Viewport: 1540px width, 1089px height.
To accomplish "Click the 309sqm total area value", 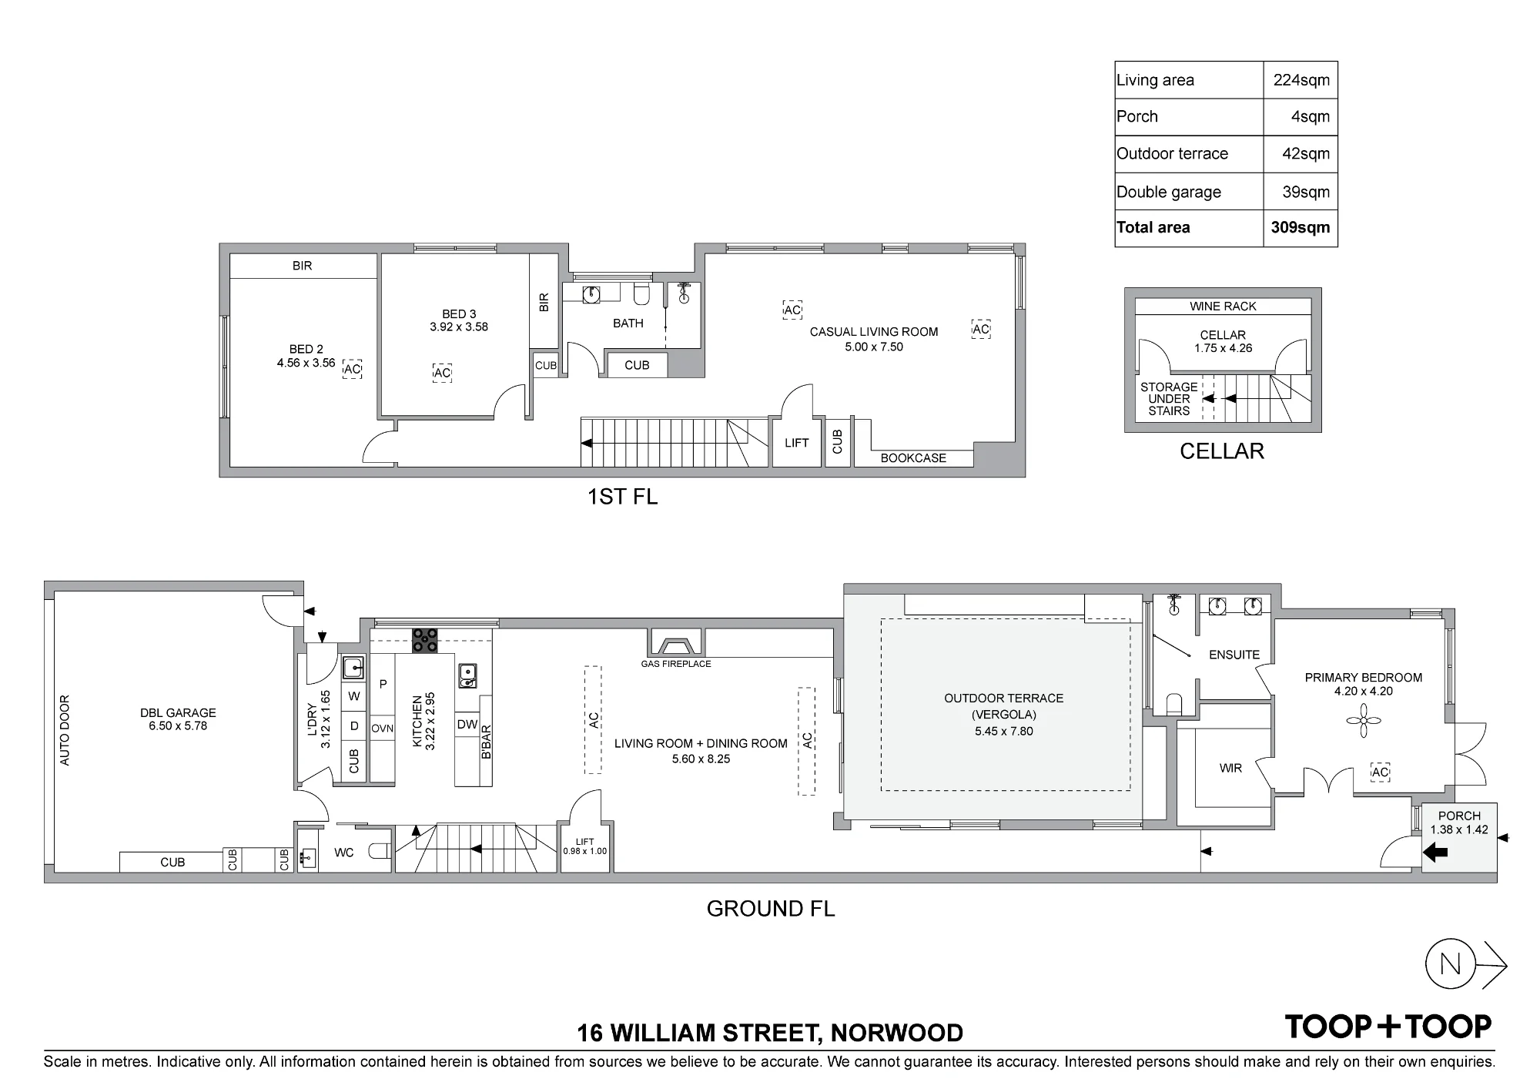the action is click(1301, 227).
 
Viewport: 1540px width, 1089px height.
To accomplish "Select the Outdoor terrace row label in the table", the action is click(1172, 153).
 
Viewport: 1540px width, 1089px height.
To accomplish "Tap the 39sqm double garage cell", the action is click(1306, 192).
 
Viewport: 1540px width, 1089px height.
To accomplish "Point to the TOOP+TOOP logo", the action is click(1388, 1026).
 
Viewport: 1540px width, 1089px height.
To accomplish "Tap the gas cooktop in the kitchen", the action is click(425, 641).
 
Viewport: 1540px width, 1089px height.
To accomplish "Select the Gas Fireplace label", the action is click(676, 664).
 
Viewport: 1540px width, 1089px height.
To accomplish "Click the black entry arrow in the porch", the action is click(1436, 852).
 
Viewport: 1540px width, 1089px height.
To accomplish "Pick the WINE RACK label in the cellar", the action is click(1223, 307).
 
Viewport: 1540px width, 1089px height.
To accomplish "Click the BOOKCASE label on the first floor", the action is click(913, 458).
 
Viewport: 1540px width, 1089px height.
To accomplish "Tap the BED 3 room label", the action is click(459, 314).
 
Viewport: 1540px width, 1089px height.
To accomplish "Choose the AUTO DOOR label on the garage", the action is click(65, 731).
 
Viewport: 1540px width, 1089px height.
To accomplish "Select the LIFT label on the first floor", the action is click(797, 443).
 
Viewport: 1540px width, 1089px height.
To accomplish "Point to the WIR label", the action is click(1230, 769).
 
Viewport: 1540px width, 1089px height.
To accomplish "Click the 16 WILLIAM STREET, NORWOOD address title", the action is click(770, 1033).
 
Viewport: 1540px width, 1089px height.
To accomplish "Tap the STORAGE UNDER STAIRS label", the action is click(1169, 399).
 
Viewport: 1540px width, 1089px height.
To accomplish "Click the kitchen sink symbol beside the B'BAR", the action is click(467, 675).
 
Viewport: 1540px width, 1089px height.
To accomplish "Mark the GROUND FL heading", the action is click(770, 909).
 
